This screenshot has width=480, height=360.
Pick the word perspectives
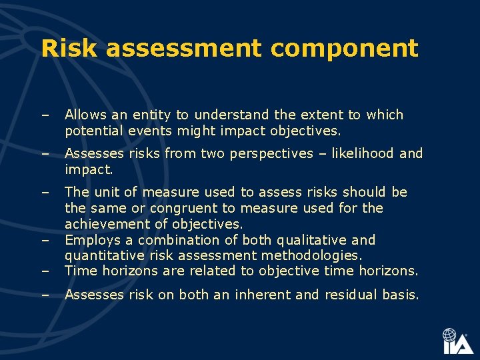point(271,154)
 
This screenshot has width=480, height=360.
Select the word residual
point(351,295)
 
